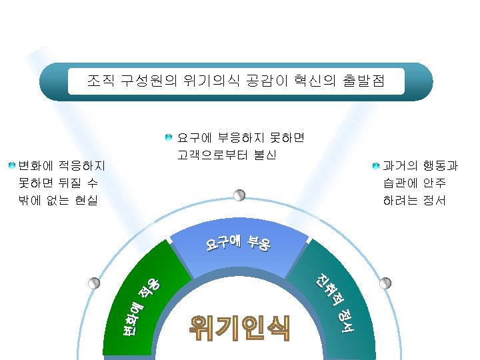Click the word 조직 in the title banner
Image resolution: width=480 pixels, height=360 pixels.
pyautogui.click(x=101, y=82)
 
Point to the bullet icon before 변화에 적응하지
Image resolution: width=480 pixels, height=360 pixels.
pyautogui.click(x=11, y=164)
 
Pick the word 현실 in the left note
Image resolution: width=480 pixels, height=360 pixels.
pyautogui.click(x=84, y=199)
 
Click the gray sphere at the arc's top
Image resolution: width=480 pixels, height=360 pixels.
pyautogui.click(x=239, y=195)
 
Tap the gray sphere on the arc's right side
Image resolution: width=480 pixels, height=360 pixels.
pyautogui.click(x=385, y=283)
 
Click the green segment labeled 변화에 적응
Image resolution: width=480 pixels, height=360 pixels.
pyautogui.click(x=143, y=307)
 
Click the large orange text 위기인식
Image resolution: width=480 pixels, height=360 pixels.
pyautogui.click(x=239, y=327)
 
